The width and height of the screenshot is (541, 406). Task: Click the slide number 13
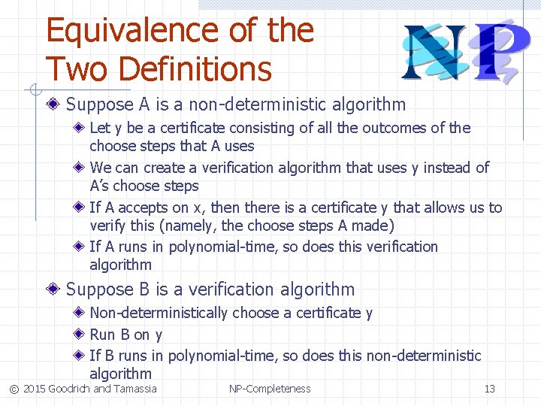click(489, 389)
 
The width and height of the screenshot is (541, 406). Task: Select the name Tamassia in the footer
click(135, 389)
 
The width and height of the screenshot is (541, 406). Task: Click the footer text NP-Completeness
click(270, 389)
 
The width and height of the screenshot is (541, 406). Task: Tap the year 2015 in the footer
click(34, 389)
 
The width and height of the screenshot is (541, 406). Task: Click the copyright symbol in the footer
click(14, 389)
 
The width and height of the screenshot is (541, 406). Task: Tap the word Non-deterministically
click(158, 313)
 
